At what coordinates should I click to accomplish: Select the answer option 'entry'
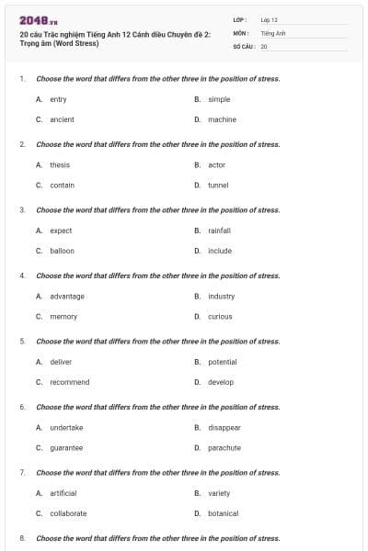(58, 99)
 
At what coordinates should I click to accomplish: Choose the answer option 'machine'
(222, 119)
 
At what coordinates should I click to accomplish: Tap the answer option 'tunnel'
(218, 185)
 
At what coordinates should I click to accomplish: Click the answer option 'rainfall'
(219, 231)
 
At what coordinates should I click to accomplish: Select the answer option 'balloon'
(62, 251)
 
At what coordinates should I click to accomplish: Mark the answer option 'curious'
(220, 317)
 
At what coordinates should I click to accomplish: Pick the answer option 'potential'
(223, 362)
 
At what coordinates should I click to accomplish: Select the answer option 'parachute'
(224, 448)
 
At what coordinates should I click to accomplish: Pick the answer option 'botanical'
(223, 513)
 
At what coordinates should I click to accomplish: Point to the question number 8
(22, 538)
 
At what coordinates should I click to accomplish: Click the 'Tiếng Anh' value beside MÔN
(273, 32)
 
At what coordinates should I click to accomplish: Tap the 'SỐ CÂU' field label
(242, 45)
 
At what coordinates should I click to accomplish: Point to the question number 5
(22, 342)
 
